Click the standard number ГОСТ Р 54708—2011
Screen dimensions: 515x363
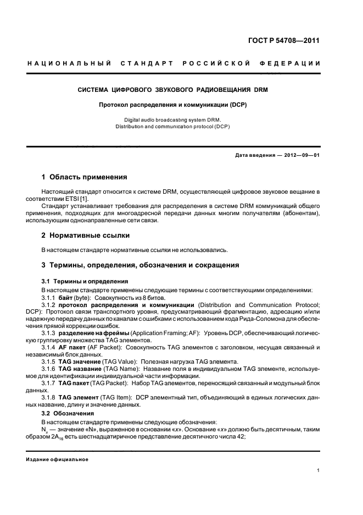[287, 40]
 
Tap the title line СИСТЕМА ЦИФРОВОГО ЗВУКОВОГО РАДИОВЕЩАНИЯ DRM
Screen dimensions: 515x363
[172, 89]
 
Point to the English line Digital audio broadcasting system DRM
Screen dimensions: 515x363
[172, 119]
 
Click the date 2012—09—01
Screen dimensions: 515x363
[301, 155]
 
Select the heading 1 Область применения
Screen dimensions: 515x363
[85, 177]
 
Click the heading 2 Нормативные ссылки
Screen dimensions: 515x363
[86, 235]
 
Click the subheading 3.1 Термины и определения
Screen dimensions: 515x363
[85, 281]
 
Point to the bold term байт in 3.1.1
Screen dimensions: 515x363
[65, 297]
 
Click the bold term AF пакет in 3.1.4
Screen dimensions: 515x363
[73, 348]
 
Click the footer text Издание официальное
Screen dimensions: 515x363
[57, 459]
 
